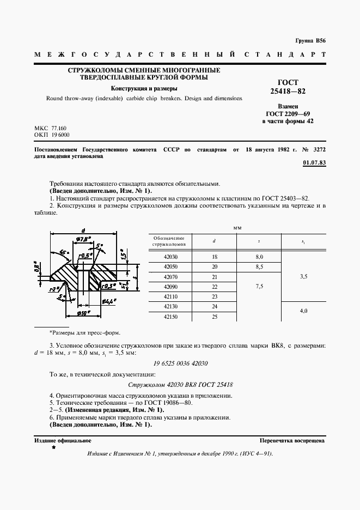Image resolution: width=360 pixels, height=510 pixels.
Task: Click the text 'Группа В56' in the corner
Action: (x=310, y=41)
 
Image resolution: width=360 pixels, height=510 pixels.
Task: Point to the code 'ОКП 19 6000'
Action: (x=52, y=134)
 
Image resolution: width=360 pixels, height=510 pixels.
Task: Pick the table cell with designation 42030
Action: (x=170, y=257)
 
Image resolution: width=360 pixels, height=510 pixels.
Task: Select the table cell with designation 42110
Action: (x=170, y=296)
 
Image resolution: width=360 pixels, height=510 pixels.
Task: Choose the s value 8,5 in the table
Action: (x=259, y=266)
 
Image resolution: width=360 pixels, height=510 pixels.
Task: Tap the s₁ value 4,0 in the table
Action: (x=303, y=311)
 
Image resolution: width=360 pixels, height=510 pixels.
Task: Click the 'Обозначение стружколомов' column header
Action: (x=169, y=241)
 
